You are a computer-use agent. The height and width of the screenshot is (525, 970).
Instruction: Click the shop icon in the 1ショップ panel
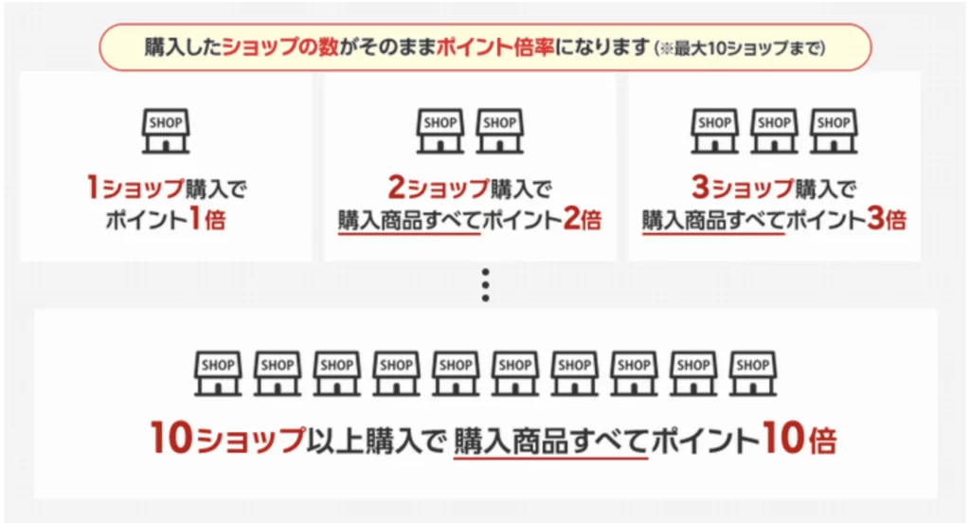(x=166, y=131)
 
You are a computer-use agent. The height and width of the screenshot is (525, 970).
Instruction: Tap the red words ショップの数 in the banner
(x=280, y=47)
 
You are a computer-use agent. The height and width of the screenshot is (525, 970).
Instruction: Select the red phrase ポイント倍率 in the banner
(x=494, y=47)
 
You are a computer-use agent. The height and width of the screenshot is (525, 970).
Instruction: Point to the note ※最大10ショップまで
(x=741, y=47)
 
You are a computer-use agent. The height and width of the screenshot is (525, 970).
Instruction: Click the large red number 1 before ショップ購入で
(x=93, y=187)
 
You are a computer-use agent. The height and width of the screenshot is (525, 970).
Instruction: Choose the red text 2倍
(x=583, y=219)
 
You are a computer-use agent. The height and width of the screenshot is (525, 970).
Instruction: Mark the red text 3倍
(x=887, y=219)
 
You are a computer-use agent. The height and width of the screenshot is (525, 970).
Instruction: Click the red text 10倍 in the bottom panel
(x=799, y=439)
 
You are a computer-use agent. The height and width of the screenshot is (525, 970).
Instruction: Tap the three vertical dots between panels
(x=486, y=285)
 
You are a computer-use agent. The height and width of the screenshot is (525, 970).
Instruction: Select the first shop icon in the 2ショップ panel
(x=440, y=131)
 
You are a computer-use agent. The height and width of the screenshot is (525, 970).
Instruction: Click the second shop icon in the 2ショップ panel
(x=499, y=131)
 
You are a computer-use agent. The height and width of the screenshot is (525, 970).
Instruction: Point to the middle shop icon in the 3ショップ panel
(x=774, y=131)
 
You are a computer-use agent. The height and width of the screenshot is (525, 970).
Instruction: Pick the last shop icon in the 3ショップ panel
(x=834, y=131)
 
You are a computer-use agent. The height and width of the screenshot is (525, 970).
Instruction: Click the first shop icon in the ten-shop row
(x=218, y=373)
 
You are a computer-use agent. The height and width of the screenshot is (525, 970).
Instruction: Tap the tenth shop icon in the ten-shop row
(x=752, y=373)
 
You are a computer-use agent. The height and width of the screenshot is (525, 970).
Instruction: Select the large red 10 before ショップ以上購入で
(x=171, y=438)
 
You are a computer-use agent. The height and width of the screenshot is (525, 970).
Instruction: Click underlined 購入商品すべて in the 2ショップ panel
(x=409, y=221)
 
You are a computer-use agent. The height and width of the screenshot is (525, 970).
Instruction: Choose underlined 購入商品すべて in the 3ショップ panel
(x=713, y=221)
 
